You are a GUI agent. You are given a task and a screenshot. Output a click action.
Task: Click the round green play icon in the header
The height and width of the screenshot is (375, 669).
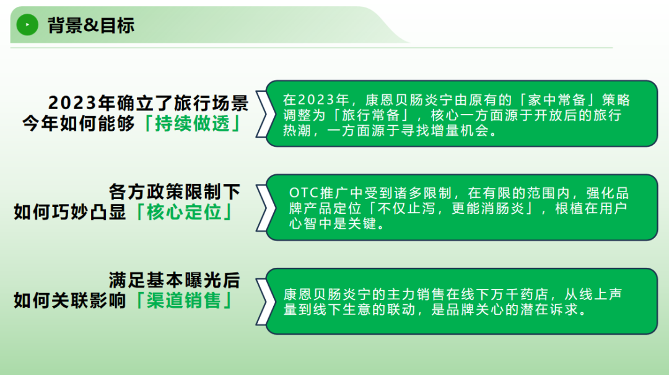(x=27, y=25)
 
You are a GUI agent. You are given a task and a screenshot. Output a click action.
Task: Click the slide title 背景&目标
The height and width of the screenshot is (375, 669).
(x=90, y=25)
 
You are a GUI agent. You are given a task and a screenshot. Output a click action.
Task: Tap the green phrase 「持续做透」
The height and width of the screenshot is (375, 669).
(x=193, y=123)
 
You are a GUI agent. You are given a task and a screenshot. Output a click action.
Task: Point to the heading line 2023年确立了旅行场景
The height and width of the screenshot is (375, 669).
(x=148, y=103)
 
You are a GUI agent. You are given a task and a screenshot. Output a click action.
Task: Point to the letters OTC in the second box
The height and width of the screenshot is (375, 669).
(x=304, y=193)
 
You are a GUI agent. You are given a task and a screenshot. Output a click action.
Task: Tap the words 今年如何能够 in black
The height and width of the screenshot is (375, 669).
(x=79, y=123)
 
